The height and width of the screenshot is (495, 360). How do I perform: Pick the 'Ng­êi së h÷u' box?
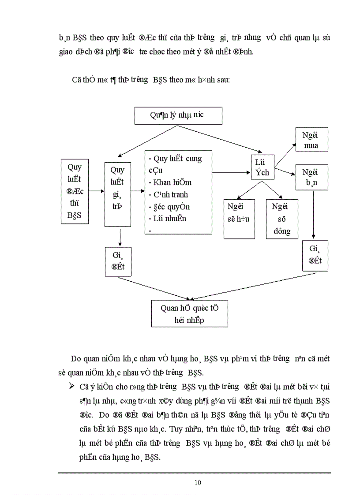(239, 219)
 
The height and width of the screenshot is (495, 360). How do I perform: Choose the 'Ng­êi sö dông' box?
(281, 219)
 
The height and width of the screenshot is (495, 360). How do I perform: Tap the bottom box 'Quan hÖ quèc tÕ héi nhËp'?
(189, 314)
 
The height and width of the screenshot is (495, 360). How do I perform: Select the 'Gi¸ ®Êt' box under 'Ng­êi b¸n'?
(315, 255)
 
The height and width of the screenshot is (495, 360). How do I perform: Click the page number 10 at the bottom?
(198, 483)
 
